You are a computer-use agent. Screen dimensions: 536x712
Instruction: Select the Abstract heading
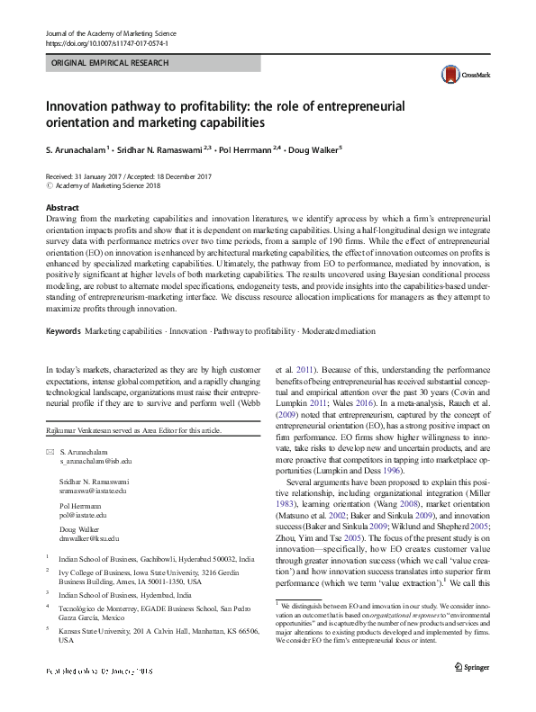[62, 207]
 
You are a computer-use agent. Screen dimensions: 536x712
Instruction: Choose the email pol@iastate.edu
[83, 490]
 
